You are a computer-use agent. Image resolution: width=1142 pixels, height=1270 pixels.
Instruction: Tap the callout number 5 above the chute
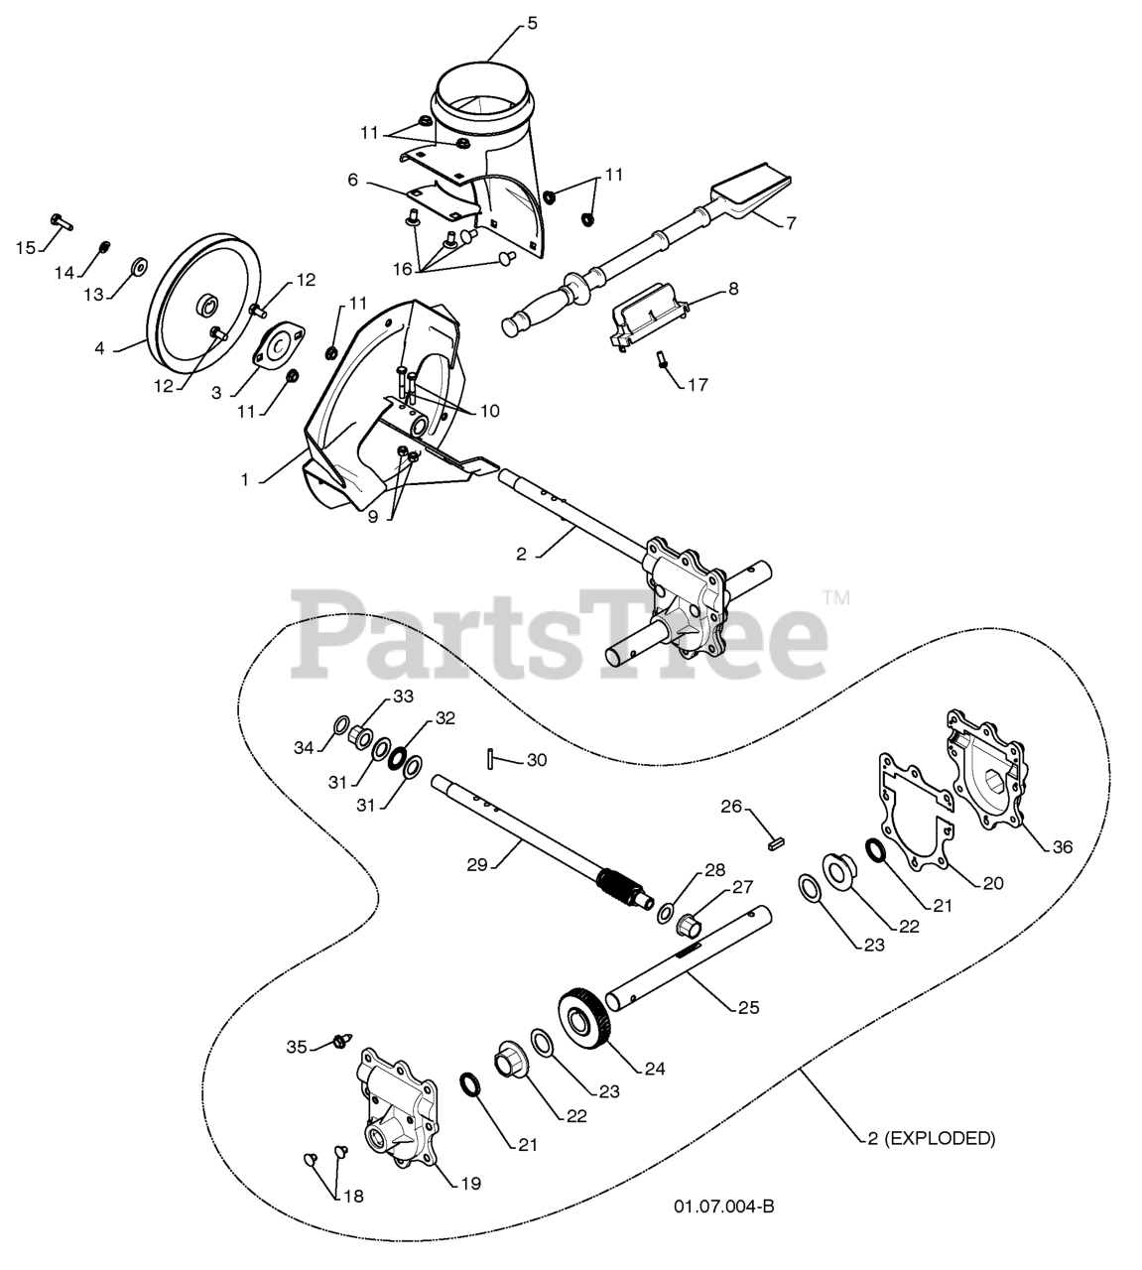click(x=532, y=23)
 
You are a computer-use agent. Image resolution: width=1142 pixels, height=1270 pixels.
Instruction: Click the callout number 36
click(x=1062, y=846)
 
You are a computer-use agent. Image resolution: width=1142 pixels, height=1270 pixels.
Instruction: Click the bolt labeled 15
click(x=58, y=220)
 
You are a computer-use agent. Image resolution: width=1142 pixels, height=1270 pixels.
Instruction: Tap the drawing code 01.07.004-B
click(x=723, y=1206)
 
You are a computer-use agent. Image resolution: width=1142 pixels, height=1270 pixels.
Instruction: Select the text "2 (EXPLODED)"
click(x=932, y=1138)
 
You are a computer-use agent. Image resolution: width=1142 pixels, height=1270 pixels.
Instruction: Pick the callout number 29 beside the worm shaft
click(x=477, y=864)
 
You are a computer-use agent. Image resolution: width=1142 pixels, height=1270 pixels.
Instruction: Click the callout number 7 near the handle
click(x=790, y=223)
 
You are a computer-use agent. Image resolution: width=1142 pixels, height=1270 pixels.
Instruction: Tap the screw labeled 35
click(x=341, y=1040)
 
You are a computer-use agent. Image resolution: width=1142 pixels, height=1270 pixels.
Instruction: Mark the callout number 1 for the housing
click(x=244, y=479)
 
